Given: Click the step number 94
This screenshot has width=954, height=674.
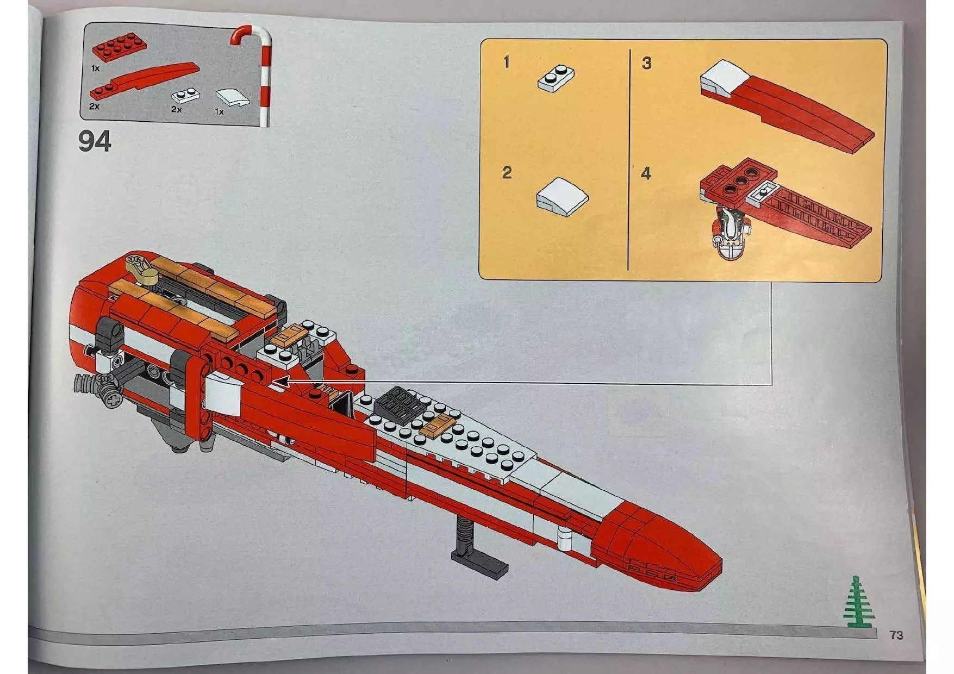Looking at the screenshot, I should [x=95, y=141].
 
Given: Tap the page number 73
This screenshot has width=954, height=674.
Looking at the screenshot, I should [x=896, y=635].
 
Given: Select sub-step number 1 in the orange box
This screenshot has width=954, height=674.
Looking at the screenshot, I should [x=507, y=62].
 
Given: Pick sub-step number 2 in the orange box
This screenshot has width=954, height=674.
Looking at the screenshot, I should [x=507, y=173].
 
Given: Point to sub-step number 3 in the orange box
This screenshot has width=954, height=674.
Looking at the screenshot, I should [x=646, y=63].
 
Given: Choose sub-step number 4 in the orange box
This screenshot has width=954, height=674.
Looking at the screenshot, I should [x=646, y=174].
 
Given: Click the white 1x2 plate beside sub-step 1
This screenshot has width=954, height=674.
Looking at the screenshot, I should [x=557, y=77].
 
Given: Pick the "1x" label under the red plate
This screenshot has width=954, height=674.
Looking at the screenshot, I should [x=96, y=68].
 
